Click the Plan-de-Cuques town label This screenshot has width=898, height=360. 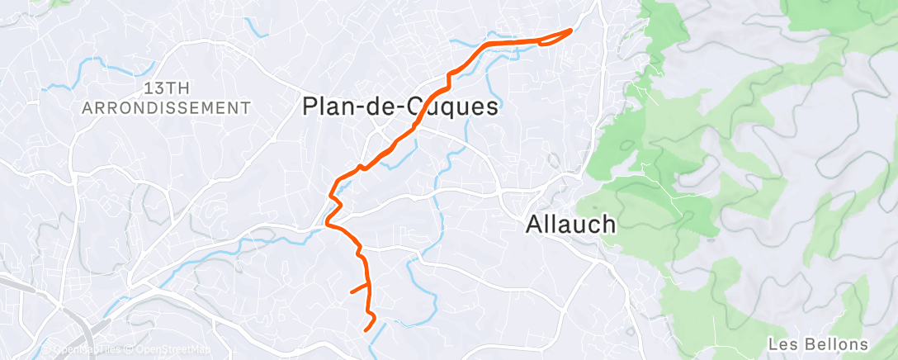[401, 107]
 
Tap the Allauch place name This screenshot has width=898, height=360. [571, 224]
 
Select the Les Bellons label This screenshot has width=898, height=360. [817, 343]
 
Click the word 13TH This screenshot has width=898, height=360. [166, 88]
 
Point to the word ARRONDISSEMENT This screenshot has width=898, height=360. [166, 107]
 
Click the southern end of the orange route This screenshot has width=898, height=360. [366, 330]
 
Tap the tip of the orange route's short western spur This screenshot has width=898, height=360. [352, 291]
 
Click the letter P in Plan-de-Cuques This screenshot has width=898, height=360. [311, 107]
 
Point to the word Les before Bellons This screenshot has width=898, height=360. [780, 343]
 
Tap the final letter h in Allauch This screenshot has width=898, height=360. [609, 224]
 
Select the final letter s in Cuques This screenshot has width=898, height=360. [492, 107]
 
